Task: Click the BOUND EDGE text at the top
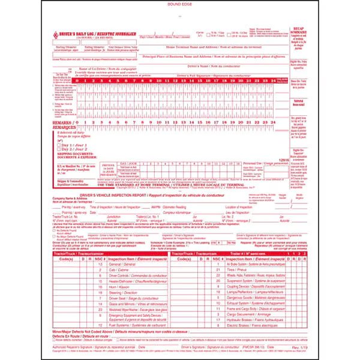(179, 4)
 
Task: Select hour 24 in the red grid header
(273, 80)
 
